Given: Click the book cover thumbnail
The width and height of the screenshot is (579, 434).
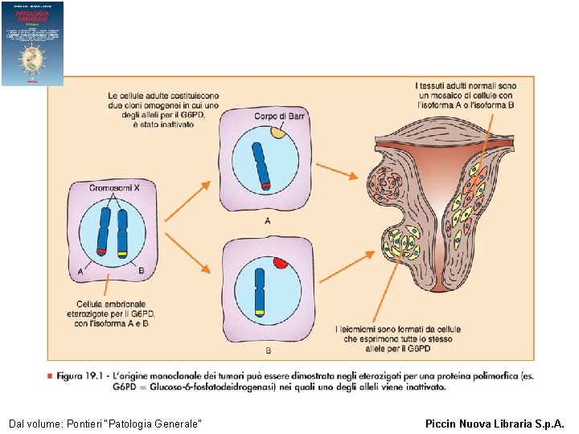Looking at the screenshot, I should click(32, 43).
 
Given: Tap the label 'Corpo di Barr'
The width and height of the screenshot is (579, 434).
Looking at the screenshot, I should click(279, 117).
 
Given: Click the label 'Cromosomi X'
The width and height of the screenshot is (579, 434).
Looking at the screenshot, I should click(115, 187).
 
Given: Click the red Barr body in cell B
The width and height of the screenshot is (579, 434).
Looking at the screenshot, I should click(281, 262).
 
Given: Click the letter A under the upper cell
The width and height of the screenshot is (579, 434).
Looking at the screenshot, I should click(266, 219).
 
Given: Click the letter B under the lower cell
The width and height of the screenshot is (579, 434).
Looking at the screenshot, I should click(267, 350).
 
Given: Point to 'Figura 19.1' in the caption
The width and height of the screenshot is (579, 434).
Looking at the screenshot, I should click(77, 376).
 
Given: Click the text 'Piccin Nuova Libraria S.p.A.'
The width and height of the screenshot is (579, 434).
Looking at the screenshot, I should click(495, 423).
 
